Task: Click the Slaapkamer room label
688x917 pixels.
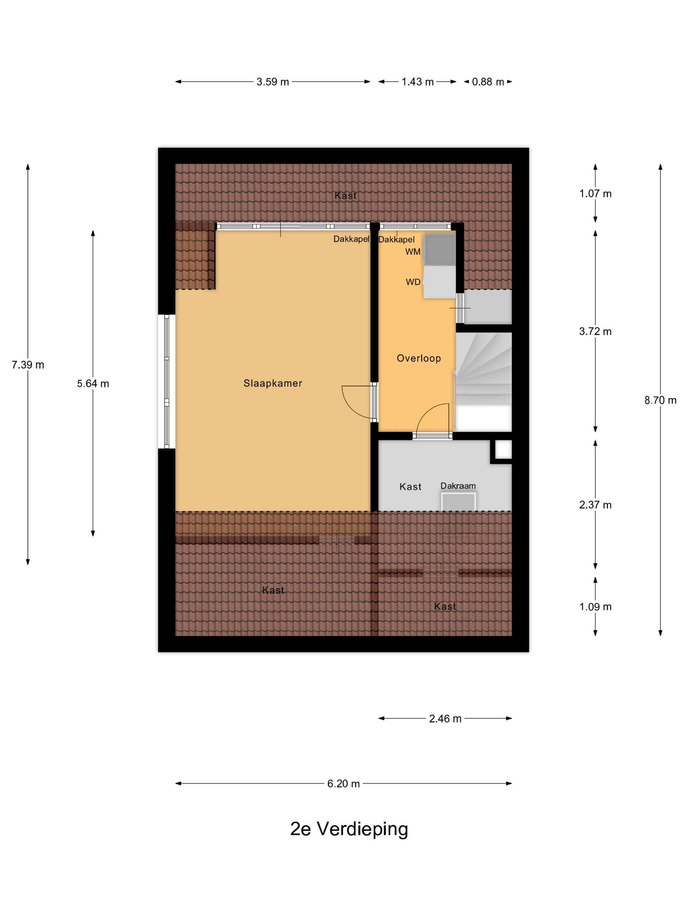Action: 273,383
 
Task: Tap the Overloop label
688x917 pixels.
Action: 418,358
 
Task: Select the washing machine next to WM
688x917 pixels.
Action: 439,248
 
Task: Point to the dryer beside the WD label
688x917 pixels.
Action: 439,281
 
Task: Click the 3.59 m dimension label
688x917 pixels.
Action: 273,82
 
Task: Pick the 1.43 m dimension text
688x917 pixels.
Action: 417,82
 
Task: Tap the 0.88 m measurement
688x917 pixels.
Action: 488,82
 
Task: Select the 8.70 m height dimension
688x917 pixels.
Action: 660,400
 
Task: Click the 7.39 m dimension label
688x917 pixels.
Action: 28,365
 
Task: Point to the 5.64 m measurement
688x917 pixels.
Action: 93,384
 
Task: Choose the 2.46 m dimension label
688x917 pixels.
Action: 445,719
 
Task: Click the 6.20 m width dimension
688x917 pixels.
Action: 343,783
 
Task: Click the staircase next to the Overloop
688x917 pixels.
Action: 484,382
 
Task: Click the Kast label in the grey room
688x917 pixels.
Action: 410,487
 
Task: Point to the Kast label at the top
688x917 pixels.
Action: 345,195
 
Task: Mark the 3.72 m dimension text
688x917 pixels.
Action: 595,331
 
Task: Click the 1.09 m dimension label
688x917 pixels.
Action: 595,607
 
